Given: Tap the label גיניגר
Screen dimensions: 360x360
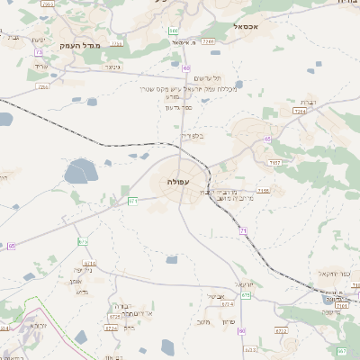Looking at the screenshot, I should click(112, 66).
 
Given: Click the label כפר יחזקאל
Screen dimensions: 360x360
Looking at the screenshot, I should click(334, 273).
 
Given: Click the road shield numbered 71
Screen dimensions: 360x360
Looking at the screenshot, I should click(243, 231).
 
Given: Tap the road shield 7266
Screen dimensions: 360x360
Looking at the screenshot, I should click(207, 41).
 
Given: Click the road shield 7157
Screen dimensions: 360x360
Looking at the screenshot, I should click(275, 163).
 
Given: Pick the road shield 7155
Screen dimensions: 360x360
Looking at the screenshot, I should click(263, 190).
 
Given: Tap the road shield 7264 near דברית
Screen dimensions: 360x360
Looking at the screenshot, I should click(299, 111).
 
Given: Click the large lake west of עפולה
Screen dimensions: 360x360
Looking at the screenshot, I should click(81, 169).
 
